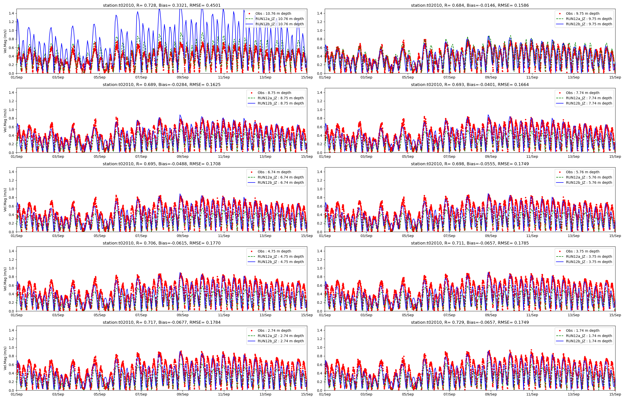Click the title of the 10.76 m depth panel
[x=161, y=5]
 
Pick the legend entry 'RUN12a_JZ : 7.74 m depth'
[x=589, y=98]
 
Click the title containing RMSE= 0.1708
[x=161, y=164]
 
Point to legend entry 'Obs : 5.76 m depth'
[x=584, y=172]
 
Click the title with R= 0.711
[x=470, y=243]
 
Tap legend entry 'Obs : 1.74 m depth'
[x=584, y=331]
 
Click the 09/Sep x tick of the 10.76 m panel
[x=182, y=77]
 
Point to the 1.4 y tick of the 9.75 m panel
[x=319, y=13]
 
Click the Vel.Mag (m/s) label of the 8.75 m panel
[x=5, y=120]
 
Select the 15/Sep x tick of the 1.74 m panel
[x=615, y=394]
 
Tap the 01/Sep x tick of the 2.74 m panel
[x=16, y=394]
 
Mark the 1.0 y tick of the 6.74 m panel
[x=11, y=189]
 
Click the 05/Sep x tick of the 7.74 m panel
[x=408, y=156]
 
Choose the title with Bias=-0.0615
[x=161, y=243]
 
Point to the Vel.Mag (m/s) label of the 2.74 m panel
[x=5, y=358]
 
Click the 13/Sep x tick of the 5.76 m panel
[x=573, y=236]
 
